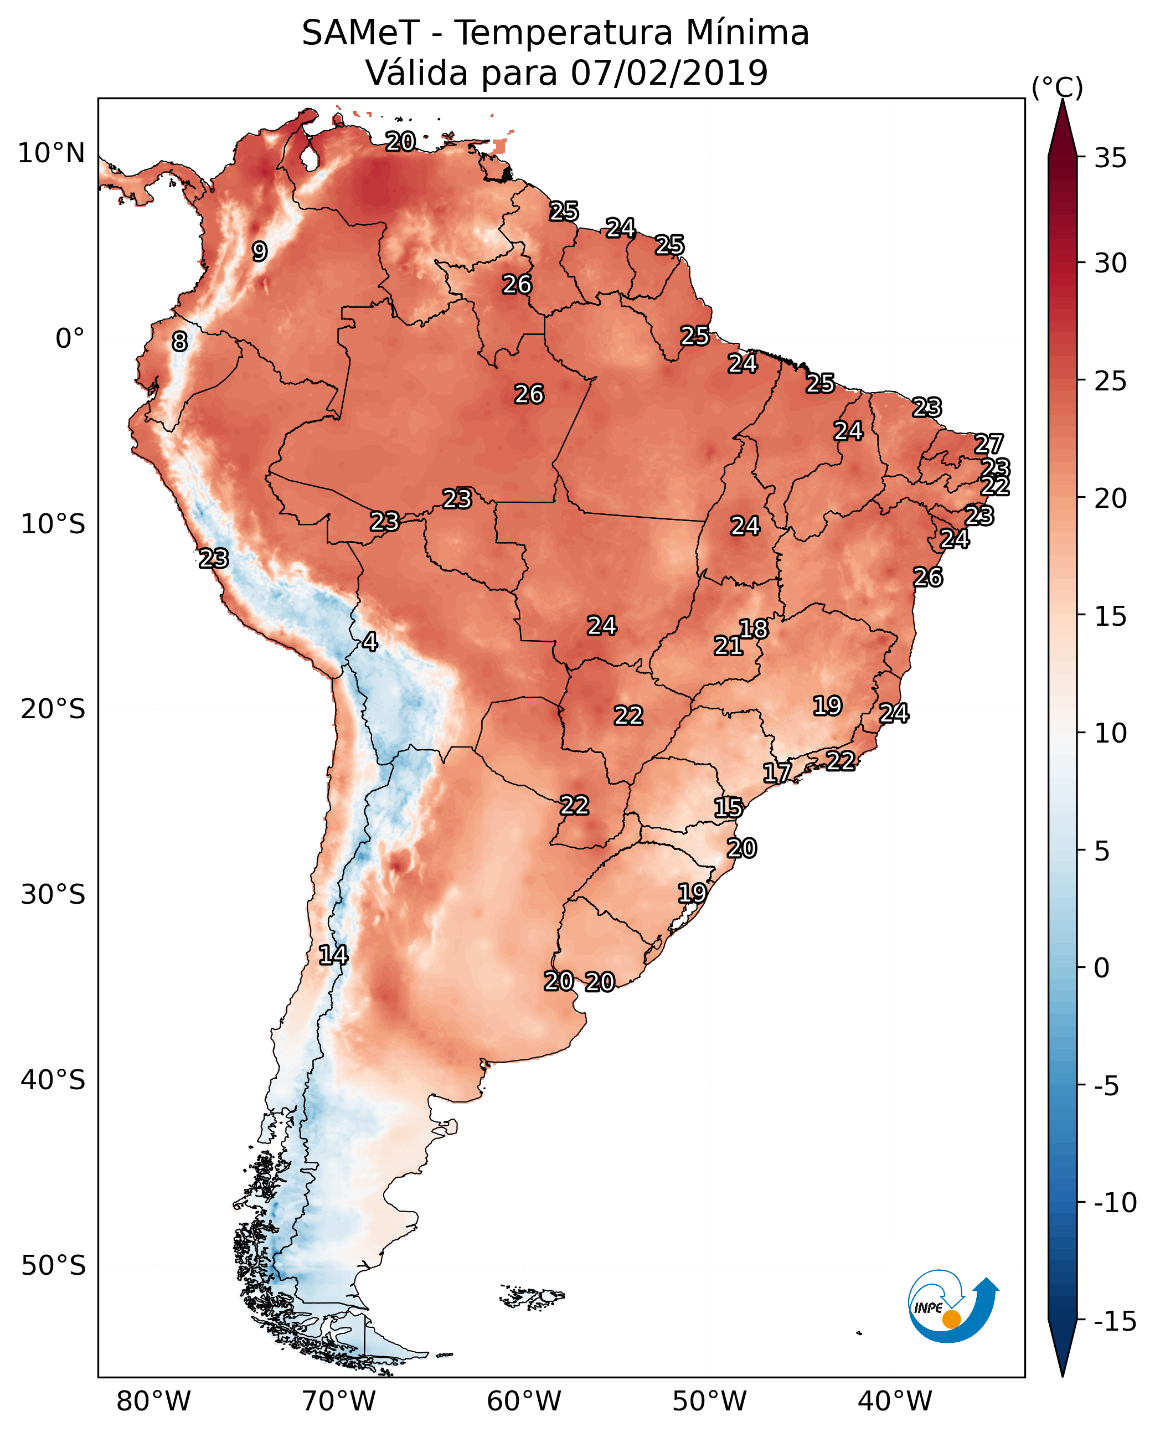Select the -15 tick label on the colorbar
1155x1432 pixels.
[x=1115, y=1322]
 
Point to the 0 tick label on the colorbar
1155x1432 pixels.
[x=1102, y=967]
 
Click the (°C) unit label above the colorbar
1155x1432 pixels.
[x=1057, y=87]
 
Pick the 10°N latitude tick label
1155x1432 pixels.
[x=51, y=154]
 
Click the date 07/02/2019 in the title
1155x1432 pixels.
[x=669, y=73]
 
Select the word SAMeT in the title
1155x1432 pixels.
[x=360, y=33]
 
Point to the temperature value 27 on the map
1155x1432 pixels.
[x=989, y=444]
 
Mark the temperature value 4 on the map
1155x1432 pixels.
[x=370, y=641]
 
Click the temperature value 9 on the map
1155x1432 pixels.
[x=260, y=251]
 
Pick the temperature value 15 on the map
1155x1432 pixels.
[x=729, y=808]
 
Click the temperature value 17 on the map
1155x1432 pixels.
[x=777, y=772]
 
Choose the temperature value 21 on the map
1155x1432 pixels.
[x=728, y=646]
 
